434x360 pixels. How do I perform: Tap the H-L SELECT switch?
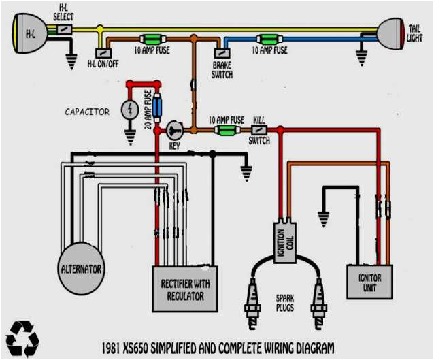tap(64, 29)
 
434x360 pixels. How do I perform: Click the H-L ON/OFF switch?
tap(101, 52)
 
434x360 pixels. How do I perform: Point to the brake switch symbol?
tap(222, 52)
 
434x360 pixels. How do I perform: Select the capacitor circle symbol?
tap(130, 110)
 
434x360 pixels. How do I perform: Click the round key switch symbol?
tap(174, 129)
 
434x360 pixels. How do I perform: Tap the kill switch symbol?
tap(259, 129)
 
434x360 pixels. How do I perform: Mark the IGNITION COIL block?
tap(284, 240)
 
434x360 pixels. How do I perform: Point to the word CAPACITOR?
tap(87, 112)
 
